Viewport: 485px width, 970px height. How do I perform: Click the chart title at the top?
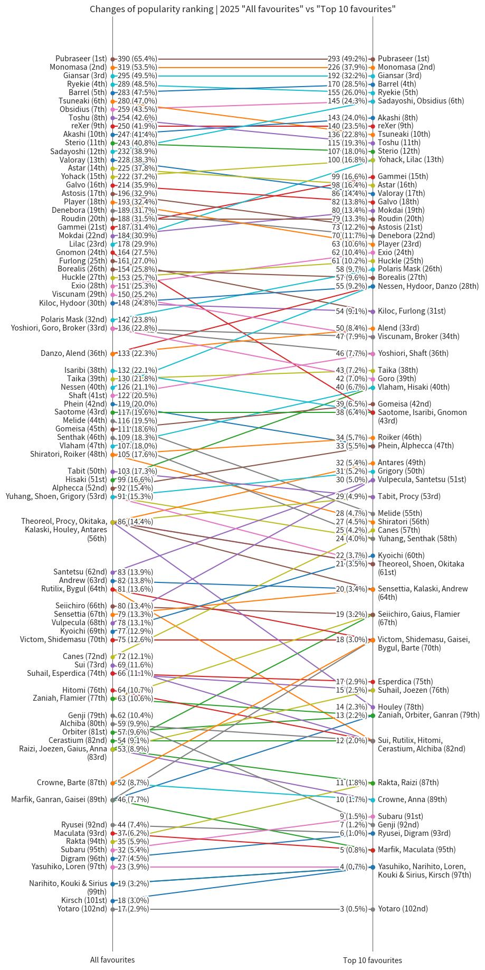pos(242,9)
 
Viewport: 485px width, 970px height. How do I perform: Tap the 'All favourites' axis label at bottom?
pos(112,960)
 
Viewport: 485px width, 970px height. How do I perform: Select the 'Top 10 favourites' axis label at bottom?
pos(373,960)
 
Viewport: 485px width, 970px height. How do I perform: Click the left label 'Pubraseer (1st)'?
pos(81,59)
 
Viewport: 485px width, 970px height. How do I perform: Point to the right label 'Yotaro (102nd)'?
pos(403,909)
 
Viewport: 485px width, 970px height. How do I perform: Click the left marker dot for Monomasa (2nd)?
pos(113,67)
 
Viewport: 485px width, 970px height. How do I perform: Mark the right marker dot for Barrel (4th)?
pos(373,84)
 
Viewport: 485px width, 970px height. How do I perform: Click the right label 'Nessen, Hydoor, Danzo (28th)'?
pos(428,286)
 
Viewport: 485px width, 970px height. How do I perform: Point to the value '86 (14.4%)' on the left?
pos(135,522)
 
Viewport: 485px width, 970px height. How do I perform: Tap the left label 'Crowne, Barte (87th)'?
pos(72,783)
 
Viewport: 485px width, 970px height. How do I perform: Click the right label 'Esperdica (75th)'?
pos(405,682)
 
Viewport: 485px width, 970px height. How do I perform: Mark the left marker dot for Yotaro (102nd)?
pos(113,909)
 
